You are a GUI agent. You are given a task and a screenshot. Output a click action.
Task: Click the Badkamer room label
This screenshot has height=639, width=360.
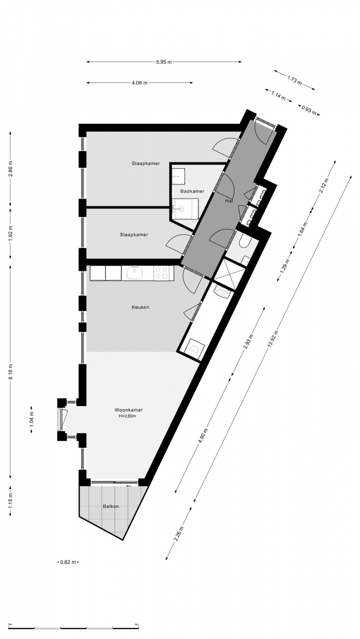192,191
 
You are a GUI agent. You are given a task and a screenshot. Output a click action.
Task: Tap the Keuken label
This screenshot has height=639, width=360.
140,307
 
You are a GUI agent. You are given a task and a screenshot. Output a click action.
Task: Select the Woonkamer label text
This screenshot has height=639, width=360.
129,410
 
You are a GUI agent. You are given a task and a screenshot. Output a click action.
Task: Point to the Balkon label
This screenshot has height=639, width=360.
111,506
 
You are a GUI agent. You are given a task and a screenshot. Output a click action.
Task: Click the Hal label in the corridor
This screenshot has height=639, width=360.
229,201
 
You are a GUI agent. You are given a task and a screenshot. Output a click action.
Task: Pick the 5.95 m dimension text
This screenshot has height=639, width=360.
164,62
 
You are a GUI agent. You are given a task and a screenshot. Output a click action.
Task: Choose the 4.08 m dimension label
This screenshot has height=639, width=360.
139,83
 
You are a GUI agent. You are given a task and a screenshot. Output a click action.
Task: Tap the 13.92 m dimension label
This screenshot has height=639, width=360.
273,339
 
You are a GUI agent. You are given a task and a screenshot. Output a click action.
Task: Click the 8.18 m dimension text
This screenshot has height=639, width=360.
11,372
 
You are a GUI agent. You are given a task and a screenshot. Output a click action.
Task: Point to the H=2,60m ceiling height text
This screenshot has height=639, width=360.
127,416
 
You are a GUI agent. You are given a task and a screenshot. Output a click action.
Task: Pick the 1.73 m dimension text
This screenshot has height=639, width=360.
294,80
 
